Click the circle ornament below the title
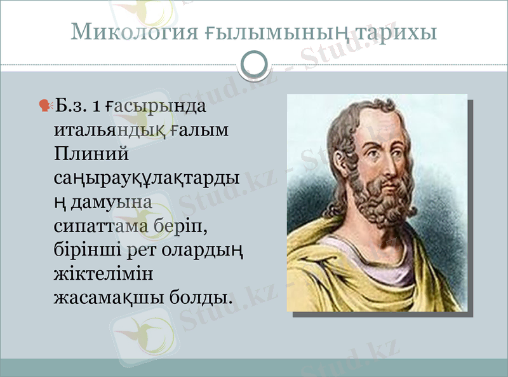click(x=255, y=64)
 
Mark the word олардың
click(x=210, y=249)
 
